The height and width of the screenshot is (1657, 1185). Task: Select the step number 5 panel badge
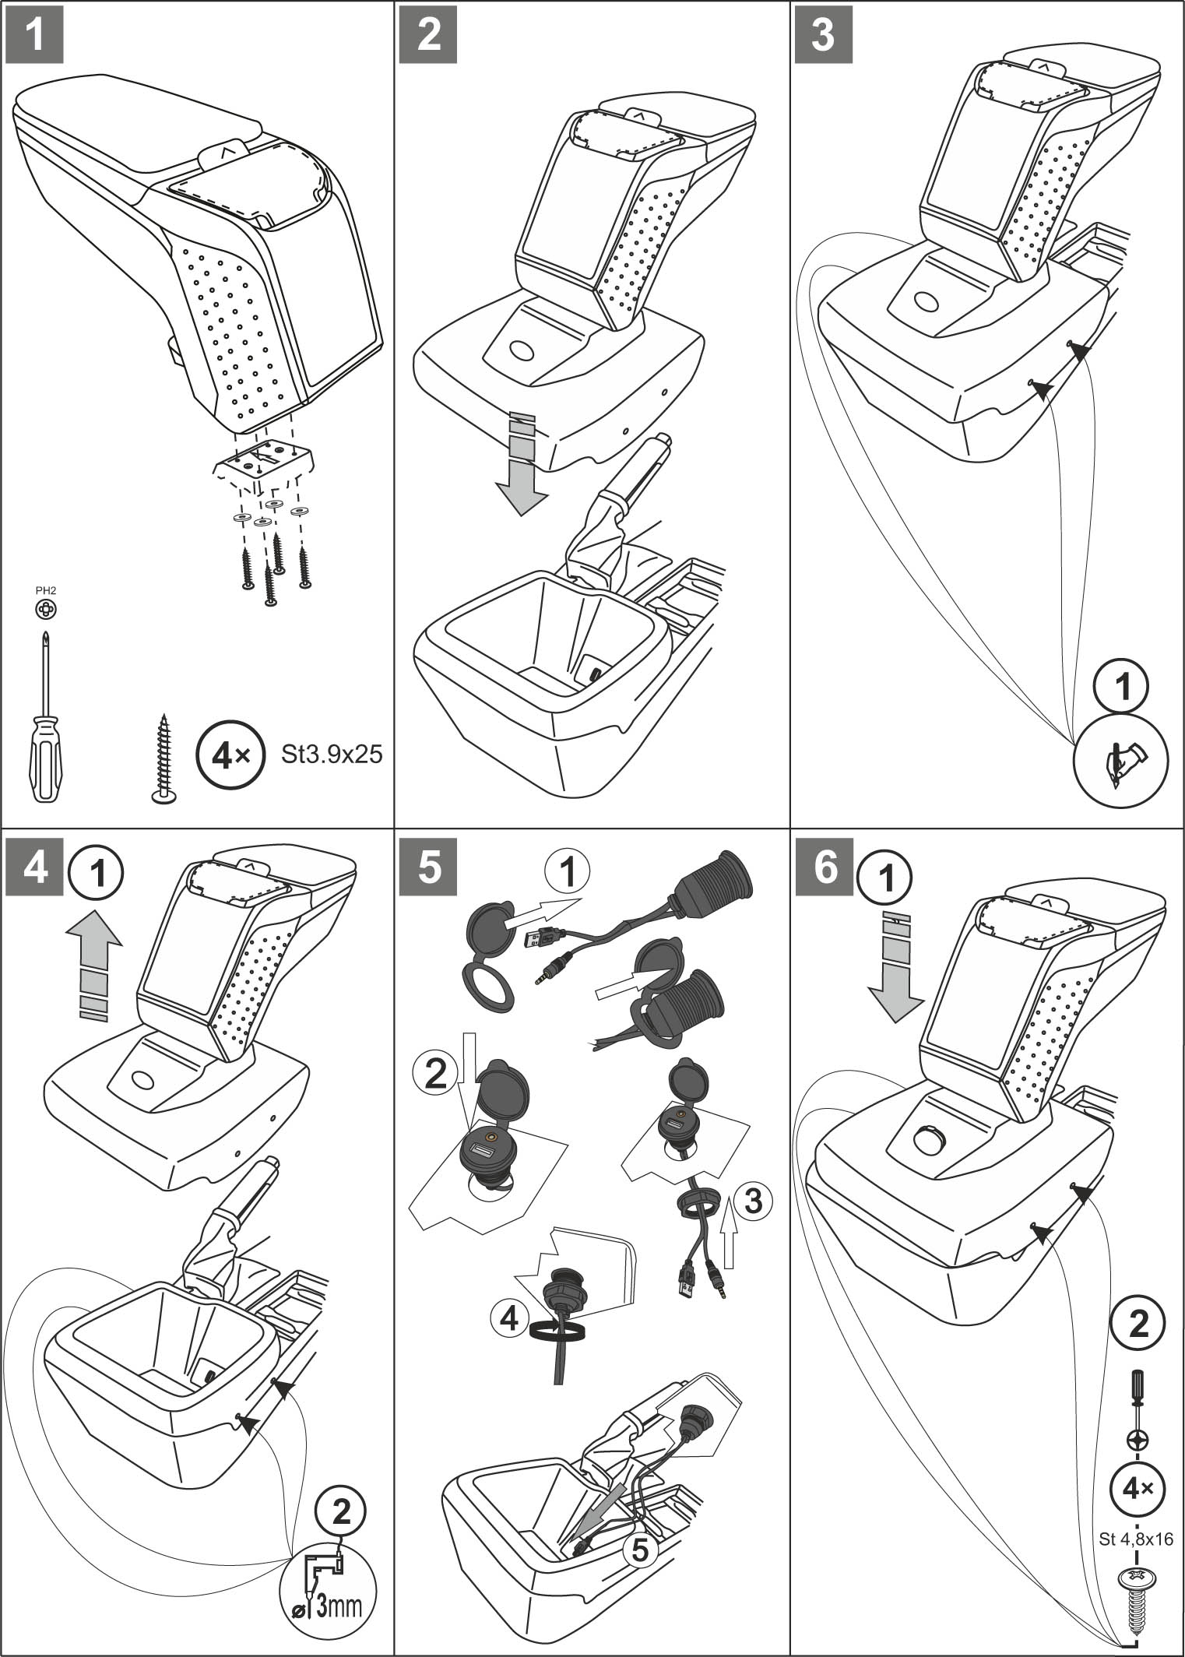(x=429, y=867)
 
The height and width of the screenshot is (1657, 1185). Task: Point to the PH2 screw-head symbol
(x=46, y=610)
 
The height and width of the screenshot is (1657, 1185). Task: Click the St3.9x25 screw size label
(x=332, y=754)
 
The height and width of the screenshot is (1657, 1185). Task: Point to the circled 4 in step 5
(x=509, y=1318)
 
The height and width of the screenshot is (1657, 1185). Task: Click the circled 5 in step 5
(x=638, y=1550)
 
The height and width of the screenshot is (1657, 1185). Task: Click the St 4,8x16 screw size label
(x=1136, y=1539)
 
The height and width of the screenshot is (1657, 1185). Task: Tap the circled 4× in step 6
(x=1137, y=1489)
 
